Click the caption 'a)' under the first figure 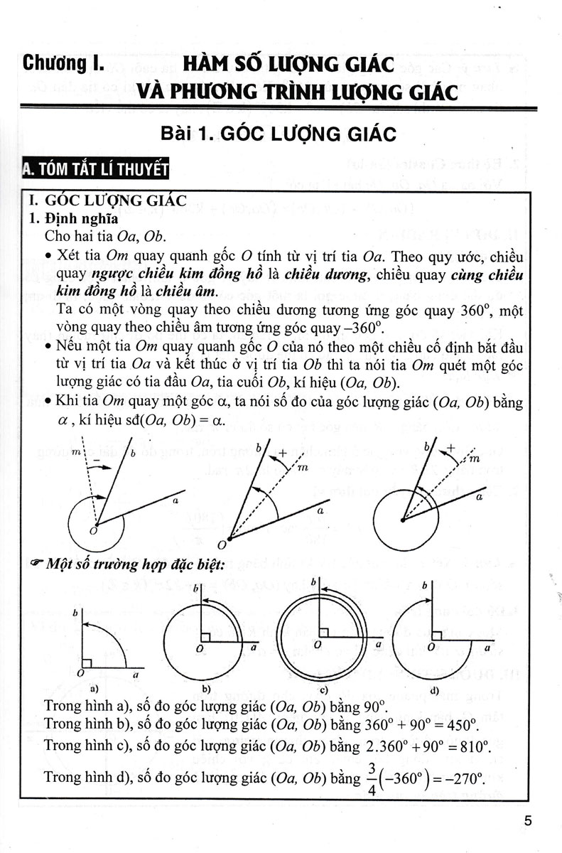(92, 688)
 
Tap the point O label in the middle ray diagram (221, 544)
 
